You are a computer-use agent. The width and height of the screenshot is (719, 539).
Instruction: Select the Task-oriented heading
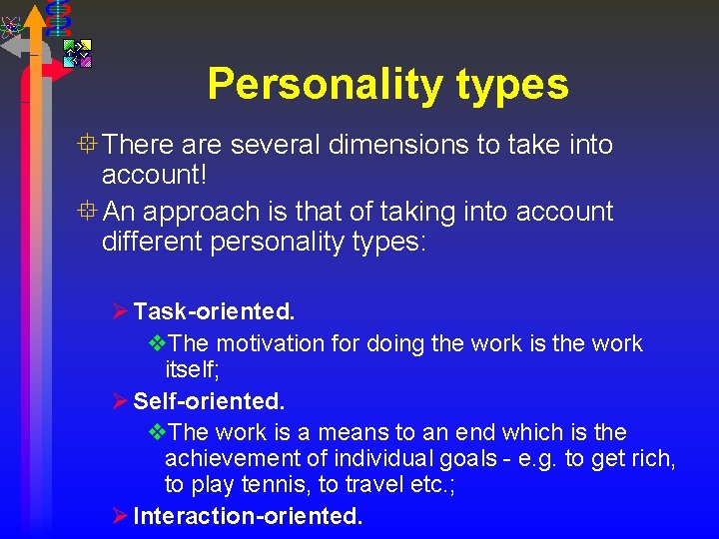click(214, 312)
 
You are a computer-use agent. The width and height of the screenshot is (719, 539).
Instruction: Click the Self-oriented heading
click(209, 401)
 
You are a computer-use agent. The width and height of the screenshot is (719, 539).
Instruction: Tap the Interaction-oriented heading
click(248, 516)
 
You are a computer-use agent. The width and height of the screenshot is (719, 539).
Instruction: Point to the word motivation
click(269, 343)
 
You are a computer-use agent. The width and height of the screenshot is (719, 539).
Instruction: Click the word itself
click(189, 370)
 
